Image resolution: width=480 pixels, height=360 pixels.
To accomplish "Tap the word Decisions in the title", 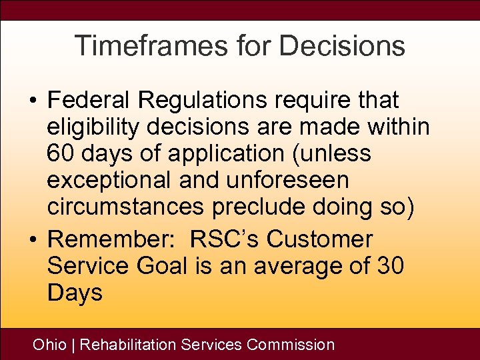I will (x=342, y=46).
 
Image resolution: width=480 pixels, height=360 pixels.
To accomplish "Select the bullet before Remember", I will (x=33, y=240).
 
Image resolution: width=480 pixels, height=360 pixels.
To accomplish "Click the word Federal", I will (x=90, y=101).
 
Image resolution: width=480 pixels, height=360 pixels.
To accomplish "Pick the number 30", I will (x=391, y=266).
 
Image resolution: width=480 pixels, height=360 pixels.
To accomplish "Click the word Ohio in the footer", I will (x=49, y=345).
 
